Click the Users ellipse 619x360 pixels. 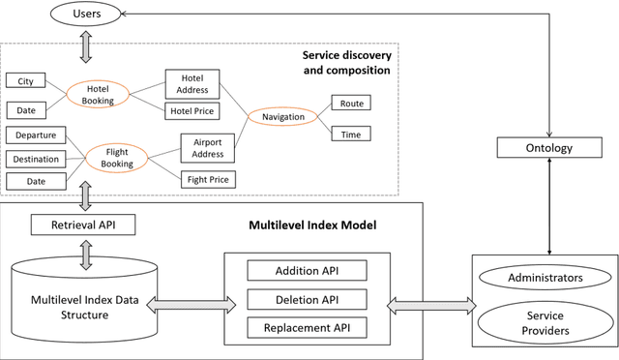[85, 15]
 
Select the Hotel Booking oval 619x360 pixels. [98, 94]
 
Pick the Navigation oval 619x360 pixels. [281, 117]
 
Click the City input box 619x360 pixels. [25, 81]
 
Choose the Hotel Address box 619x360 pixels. [192, 83]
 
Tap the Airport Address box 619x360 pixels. [207, 147]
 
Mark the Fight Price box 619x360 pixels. [208, 179]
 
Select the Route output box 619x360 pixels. [350, 103]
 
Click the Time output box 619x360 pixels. [350, 135]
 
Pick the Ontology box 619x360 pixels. [549, 148]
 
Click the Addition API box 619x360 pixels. [308, 270]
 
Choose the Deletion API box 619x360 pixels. [308, 299]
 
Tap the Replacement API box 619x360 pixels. [308, 328]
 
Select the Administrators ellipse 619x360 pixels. [545, 279]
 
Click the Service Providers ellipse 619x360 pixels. [545, 322]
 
